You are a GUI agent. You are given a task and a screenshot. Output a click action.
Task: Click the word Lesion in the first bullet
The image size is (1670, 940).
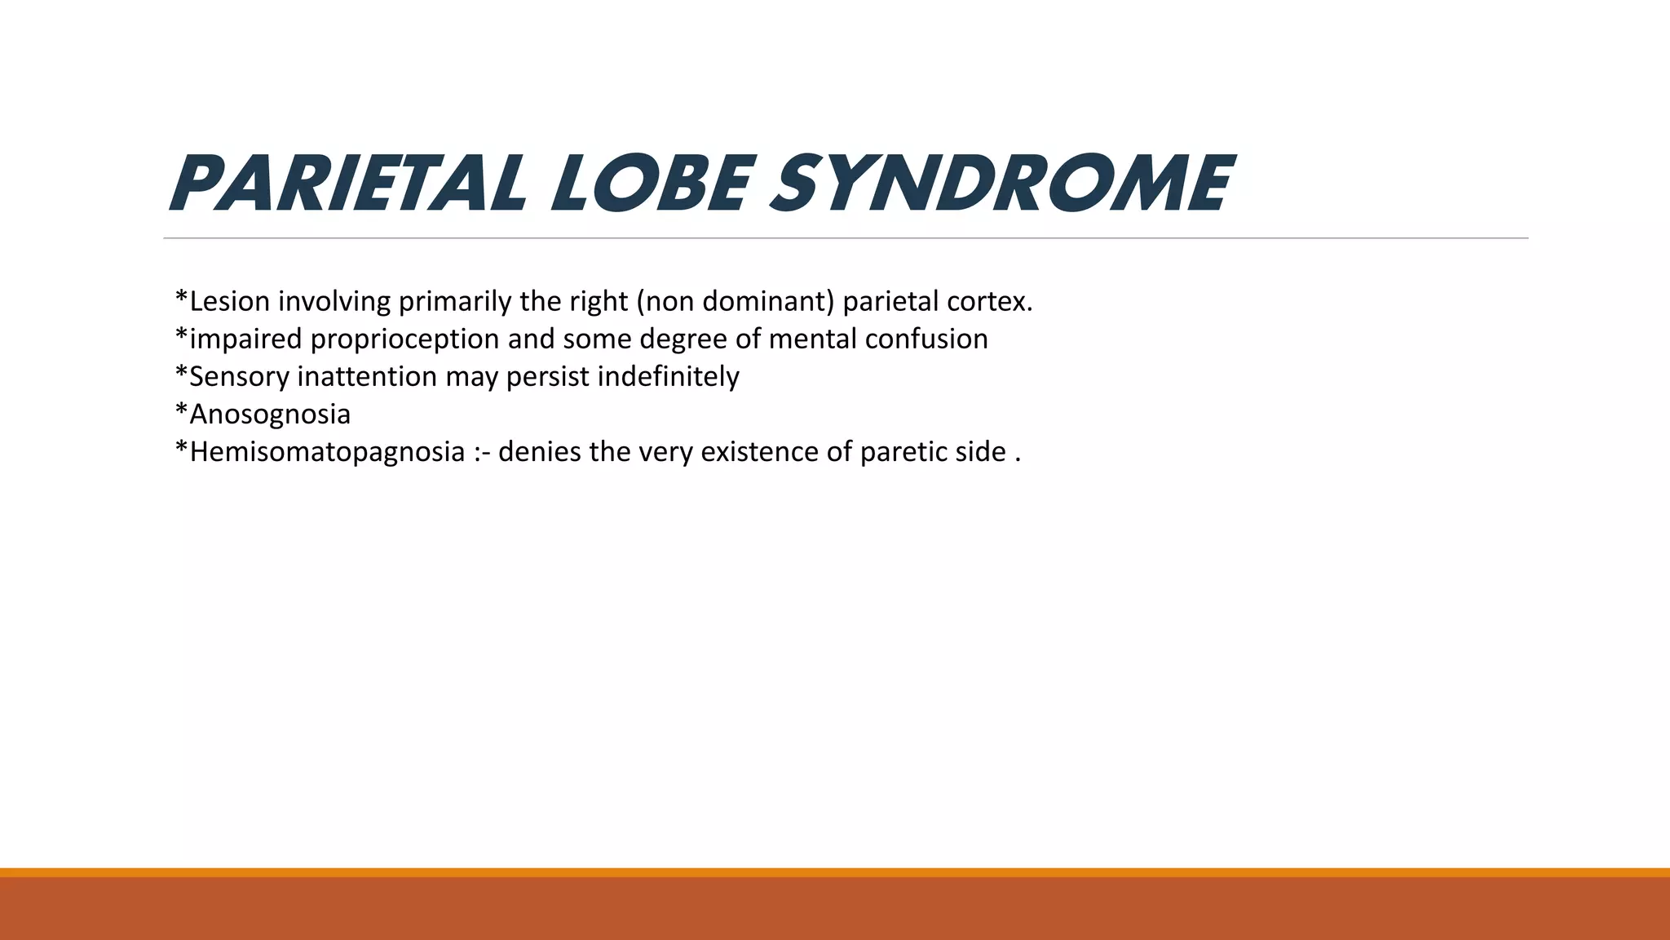tap(229, 301)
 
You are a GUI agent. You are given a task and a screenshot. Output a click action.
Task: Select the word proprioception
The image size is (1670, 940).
tap(404, 339)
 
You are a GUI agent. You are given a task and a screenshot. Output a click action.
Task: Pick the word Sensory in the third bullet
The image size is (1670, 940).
tap(239, 376)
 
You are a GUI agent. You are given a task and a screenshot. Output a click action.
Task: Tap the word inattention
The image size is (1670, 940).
tap(367, 376)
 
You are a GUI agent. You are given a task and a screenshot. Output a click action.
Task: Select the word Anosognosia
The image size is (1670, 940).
tap(269, 414)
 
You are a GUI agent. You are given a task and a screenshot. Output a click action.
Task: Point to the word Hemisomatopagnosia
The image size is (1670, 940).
tap(326, 451)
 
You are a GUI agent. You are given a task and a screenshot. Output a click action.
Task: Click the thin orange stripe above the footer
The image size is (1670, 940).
tap(835, 872)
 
